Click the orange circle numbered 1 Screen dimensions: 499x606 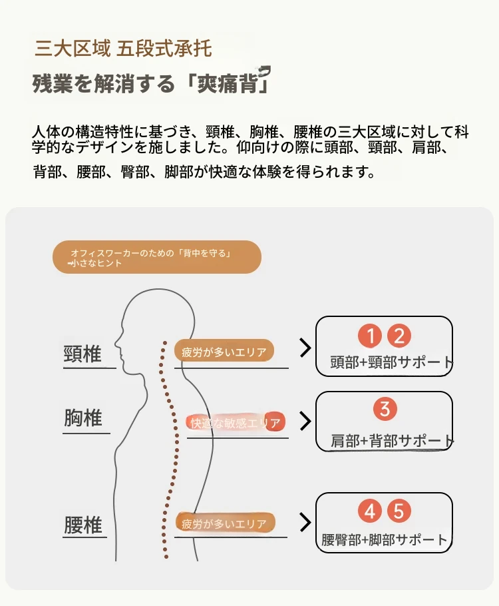coord(370,336)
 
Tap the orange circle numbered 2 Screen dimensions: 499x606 coord(399,336)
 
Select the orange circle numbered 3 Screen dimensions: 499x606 coord(385,409)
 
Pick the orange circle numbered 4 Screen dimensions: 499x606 coord(370,511)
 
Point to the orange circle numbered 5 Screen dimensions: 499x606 coord(399,511)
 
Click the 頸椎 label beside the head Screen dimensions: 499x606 coord(83,354)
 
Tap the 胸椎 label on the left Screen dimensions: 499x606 coord(83,418)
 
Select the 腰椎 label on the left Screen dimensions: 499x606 coord(83,525)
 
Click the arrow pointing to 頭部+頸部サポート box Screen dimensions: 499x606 coord(305,348)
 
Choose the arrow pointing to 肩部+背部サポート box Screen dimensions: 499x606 coord(305,422)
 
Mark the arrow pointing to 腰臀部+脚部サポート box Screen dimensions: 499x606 coord(305,523)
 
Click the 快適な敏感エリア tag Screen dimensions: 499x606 coord(236,423)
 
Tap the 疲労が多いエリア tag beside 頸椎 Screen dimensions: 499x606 coord(224,351)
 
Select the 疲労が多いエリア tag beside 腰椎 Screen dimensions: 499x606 coord(226,523)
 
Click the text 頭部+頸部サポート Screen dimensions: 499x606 coord(391,362)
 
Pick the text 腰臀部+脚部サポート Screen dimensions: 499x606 coord(385,539)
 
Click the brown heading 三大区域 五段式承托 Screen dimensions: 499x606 coord(123,49)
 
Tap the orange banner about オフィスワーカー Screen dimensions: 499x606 coord(157,257)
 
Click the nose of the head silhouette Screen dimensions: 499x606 coord(116,343)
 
